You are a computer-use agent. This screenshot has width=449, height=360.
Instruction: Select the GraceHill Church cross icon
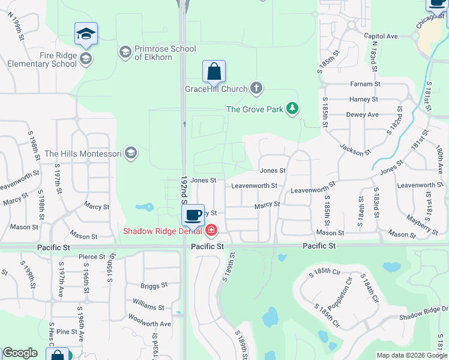coord(256,89)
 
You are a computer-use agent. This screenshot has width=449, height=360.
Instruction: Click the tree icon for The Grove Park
coord(292,109)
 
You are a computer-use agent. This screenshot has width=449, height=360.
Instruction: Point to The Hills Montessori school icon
coord(131,154)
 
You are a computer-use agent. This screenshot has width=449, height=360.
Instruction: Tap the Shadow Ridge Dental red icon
coord(211,230)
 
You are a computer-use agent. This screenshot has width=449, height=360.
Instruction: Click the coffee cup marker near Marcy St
coord(193,215)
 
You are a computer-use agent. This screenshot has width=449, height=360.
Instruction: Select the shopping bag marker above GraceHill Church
coord(214,71)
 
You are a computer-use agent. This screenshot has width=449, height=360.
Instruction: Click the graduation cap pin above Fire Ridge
coord(86,34)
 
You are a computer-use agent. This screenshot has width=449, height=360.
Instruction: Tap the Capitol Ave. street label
coord(382,36)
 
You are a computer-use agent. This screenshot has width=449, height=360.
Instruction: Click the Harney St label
coord(364,99)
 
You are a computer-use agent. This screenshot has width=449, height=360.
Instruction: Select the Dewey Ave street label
coord(363,114)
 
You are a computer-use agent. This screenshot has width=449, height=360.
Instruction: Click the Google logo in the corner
coord(20,353)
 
